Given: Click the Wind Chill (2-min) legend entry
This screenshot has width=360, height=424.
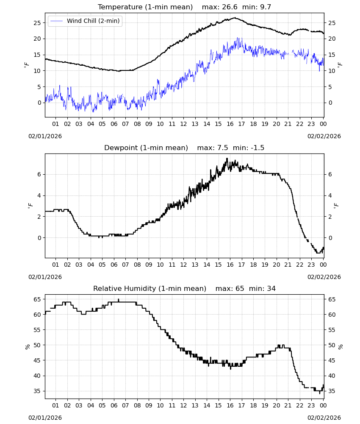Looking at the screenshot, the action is click(x=85, y=21).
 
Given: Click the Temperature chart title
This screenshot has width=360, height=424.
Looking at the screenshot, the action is click(x=145, y=7).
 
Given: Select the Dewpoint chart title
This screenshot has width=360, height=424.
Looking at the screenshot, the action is click(x=146, y=148).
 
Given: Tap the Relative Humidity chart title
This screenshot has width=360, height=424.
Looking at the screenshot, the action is click(x=150, y=288).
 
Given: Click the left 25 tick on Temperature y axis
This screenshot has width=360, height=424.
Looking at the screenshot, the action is click(x=37, y=23).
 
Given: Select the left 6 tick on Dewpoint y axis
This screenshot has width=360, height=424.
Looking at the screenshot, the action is click(x=39, y=174).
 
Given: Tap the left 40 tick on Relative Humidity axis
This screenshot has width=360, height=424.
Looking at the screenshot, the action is click(x=37, y=376).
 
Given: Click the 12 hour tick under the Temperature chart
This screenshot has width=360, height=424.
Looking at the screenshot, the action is click(x=184, y=124).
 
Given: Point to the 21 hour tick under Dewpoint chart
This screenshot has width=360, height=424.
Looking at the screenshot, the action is click(x=288, y=265).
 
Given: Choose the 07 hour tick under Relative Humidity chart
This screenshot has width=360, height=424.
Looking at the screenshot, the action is click(x=125, y=405).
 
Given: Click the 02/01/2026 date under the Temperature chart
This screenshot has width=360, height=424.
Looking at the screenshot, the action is click(x=45, y=136).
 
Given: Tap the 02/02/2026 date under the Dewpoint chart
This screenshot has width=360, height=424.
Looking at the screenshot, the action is click(x=324, y=277).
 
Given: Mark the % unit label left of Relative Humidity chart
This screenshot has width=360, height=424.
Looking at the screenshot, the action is click(x=28, y=347).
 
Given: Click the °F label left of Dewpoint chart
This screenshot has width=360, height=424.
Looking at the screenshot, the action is click(x=30, y=206).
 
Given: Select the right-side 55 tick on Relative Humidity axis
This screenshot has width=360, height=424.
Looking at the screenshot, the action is click(x=332, y=330).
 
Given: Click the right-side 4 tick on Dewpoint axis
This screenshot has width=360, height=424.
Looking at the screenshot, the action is click(x=330, y=195).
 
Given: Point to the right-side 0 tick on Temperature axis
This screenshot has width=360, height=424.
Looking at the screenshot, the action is click(x=330, y=103).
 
